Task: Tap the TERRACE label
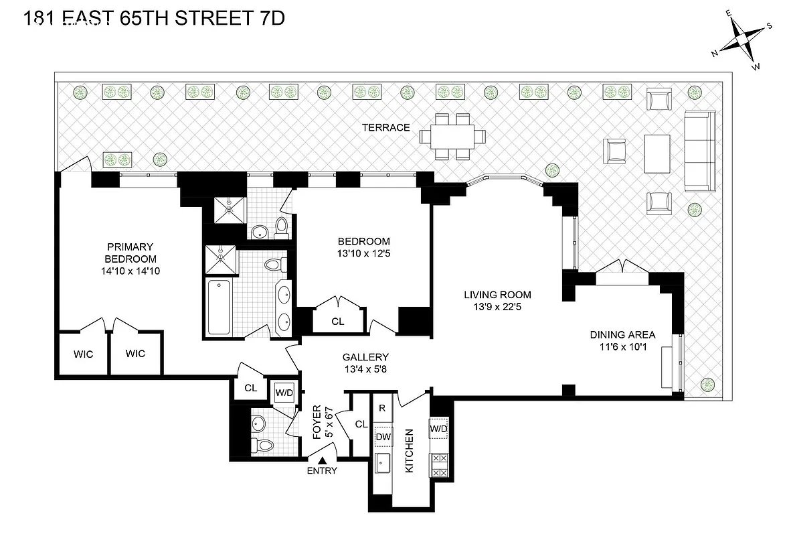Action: [385, 127]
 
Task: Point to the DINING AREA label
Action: [622, 335]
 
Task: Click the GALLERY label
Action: [365, 357]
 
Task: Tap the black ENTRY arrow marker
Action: [323, 460]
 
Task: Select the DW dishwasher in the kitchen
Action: [383, 436]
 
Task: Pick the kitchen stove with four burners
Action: [440, 465]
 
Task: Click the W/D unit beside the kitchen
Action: [438, 428]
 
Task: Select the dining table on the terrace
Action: [447, 136]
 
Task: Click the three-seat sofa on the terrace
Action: [700, 151]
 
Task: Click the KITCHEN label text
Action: [409, 451]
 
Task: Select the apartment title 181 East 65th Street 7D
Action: [155, 18]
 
